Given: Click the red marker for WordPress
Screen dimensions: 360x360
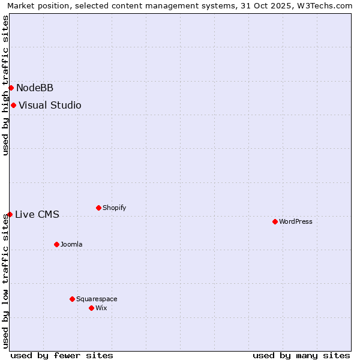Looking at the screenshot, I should (275, 221).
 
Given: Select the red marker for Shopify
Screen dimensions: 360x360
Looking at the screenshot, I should (98, 208).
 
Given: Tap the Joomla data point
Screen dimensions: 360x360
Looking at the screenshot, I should (56, 244).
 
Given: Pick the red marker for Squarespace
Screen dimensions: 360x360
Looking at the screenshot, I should (72, 299).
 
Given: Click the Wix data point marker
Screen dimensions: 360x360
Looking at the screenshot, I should (91, 308).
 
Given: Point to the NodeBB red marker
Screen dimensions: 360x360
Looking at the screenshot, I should (11, 88).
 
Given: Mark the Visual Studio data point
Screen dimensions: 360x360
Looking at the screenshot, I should (13, 105).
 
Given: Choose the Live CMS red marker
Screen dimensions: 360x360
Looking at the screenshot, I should (10, 214).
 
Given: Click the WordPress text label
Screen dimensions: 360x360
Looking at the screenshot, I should (296, 221).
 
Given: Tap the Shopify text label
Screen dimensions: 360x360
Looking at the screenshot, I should (114, 208).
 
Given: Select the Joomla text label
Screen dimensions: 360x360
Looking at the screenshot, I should (71, 244).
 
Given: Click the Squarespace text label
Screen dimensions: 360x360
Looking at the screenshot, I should (97, 299).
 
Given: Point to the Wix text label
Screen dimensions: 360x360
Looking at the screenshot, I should (101, 308).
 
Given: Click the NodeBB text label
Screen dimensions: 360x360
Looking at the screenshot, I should (35, 88).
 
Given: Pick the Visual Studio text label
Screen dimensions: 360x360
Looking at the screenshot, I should (50, 105).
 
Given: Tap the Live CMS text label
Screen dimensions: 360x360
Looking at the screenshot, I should (37, 214).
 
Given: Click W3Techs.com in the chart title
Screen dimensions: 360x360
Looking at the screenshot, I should (328, 5).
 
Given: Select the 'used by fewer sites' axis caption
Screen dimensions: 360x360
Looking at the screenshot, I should (62, 355).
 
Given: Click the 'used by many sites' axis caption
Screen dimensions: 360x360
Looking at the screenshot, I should (301, 355).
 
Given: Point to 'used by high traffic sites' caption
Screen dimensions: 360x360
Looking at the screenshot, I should (5, 85).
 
